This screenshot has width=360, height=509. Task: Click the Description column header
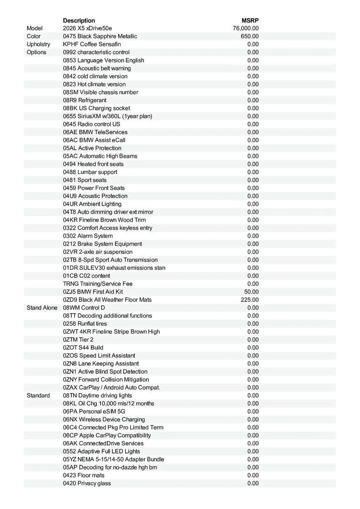(x=79, y=20)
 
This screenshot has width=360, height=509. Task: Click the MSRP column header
(x=250, y=20)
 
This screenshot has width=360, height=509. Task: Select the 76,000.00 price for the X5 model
(x=246, y=28)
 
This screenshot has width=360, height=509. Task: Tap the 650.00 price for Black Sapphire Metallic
(x=250, y=36)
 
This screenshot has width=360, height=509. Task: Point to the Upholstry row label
(x=38, y=44)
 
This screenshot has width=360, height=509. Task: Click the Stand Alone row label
(x=42, y=308)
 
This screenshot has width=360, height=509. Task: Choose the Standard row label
(x=38, y=395)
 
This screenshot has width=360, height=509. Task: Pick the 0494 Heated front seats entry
(x=93, y=164)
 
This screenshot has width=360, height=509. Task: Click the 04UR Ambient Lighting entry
(x=92, y=204)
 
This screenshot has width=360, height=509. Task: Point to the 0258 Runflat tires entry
(x=85, y=324)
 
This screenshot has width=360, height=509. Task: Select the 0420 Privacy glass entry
(x=87, y=483)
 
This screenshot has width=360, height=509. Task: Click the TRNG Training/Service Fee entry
(x=98, y=284)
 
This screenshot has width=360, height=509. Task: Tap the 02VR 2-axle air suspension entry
(x=98, y=252)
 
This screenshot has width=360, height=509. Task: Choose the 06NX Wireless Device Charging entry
(x=104, y=420)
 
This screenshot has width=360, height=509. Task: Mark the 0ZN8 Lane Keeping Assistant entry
(x=101, y=364)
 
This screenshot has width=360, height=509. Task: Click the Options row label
(x=37, y=52)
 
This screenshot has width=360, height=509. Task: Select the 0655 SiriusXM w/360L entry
(x=107, y=116)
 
